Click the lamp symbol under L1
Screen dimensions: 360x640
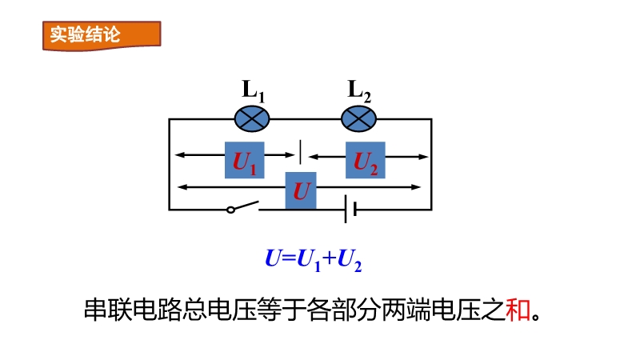[x=252, y=119]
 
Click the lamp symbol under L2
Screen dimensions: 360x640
[x=358, y=119]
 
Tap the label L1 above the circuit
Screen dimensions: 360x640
[x=253, y=90]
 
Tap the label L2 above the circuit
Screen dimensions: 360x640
[x=359, y=90]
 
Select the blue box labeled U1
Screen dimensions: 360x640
[x=245, y=160]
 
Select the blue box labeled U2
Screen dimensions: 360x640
[x=366, y=160]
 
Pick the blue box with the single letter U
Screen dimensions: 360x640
[x=301, y=191]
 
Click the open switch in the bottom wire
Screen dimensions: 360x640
[x=243, y=207]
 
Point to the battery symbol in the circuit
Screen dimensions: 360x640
[x=350, y=210]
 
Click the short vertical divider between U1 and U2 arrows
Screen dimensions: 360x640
[x=300, y=150]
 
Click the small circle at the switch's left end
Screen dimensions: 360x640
[x=230, y=210]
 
